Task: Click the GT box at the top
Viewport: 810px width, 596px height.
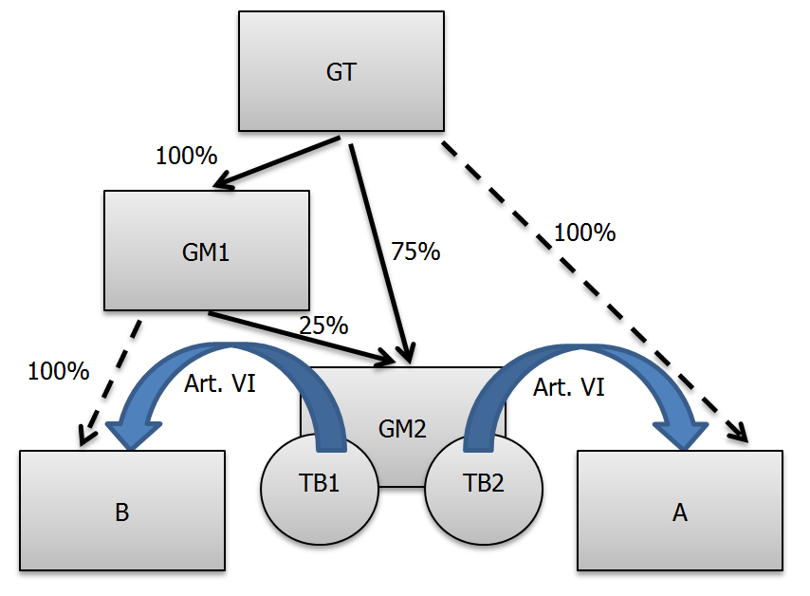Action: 341,71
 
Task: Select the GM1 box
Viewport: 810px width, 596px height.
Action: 206,251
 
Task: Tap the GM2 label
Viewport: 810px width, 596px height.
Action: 403,428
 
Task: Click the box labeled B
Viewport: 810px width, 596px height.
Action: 121,512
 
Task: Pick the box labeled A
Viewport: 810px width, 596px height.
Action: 679,512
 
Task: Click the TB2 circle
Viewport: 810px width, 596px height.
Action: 484,483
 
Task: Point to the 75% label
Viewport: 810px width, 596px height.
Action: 415,251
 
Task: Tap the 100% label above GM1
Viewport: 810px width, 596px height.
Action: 187,155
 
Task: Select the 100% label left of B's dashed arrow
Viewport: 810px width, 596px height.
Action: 59,370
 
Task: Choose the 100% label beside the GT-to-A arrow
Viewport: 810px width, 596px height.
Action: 585,232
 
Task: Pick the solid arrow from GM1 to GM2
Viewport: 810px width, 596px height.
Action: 304,338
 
